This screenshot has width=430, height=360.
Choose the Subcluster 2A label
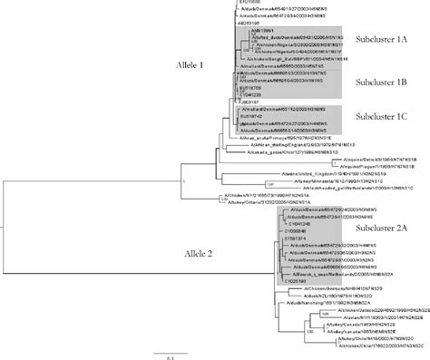375,229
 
